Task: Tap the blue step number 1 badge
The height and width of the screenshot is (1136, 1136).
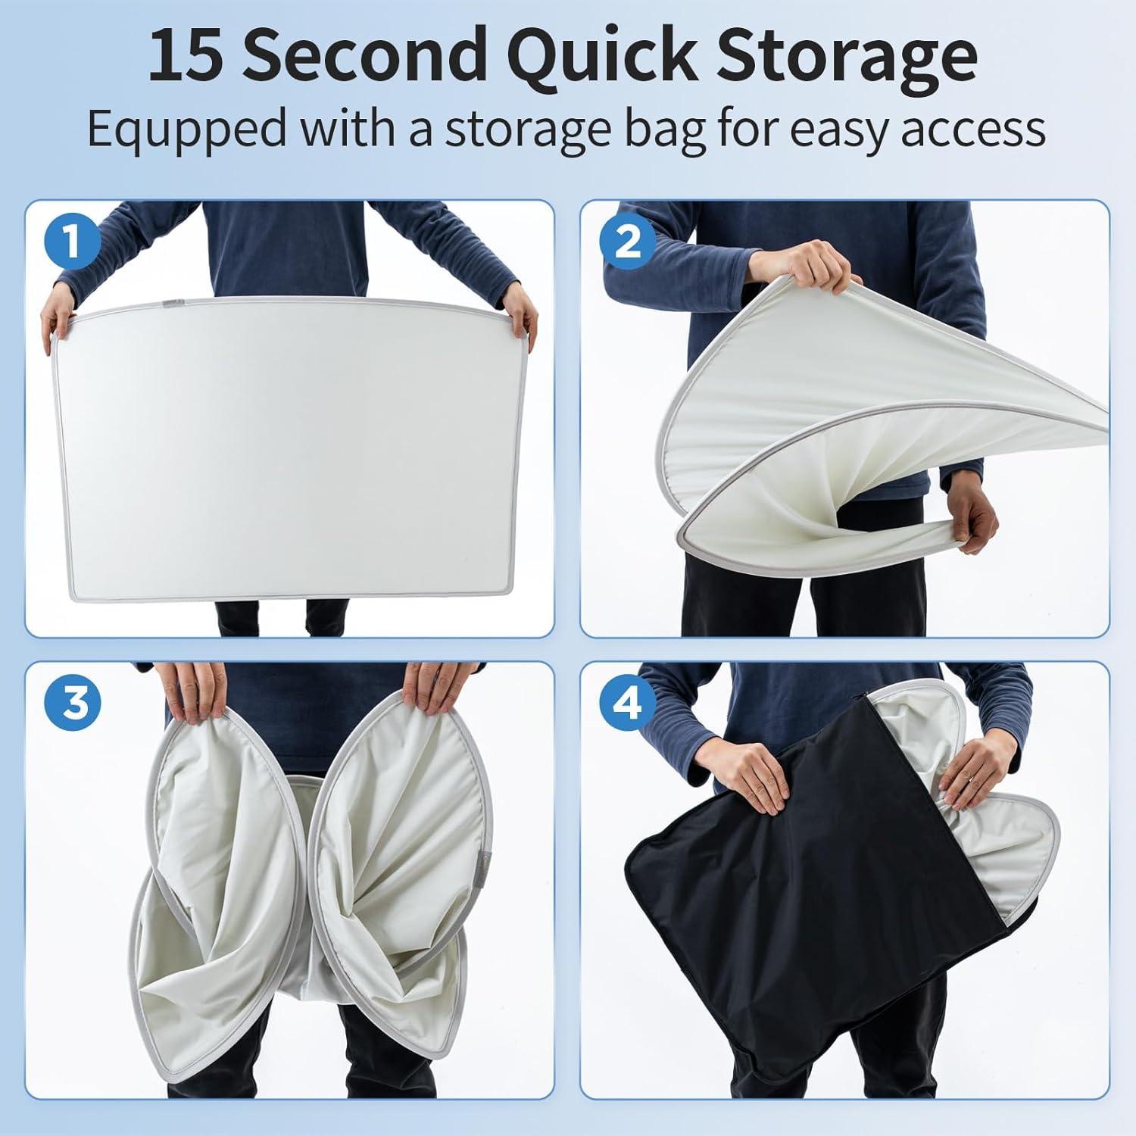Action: coord(72,242)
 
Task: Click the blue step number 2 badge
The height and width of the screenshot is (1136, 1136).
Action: coord(626,242)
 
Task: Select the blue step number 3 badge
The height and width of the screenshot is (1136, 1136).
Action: coord(72,704)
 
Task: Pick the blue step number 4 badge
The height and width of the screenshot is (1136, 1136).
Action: coord(626,704)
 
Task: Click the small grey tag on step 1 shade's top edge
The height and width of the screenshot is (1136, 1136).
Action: coord(170,306)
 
